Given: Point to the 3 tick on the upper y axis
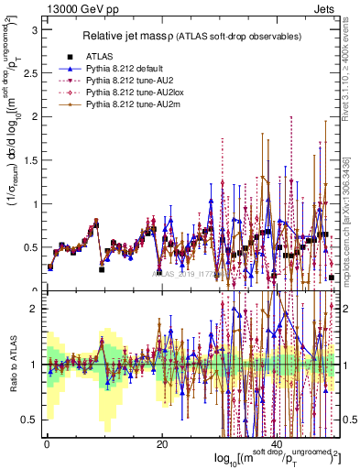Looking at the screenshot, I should tap(34, 29).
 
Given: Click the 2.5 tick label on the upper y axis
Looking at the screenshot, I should tap(30, 73).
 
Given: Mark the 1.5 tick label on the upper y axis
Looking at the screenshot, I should tap(30, 160).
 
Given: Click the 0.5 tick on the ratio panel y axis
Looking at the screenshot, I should tap(30, 420).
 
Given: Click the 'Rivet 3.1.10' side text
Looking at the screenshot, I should tap(351, 64).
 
